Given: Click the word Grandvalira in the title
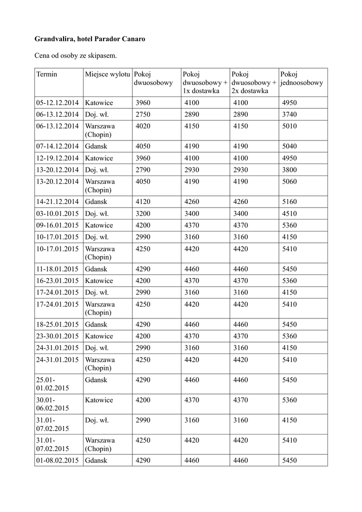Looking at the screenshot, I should click(x=54, y=38).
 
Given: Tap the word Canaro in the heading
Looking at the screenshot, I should click(x=132, y=38).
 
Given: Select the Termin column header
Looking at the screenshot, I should click(x=47, y=74).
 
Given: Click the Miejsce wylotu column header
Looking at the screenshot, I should click(x=107, y=74).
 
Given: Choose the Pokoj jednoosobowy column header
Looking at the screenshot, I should click(x=301, y=78).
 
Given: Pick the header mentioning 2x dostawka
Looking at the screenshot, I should click(x=253, y=82).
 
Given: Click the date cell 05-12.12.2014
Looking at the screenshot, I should click(x=57, y=103).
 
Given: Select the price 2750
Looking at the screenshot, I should click(x=143, y=114).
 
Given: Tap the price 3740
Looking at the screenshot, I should click(x=289, y=114).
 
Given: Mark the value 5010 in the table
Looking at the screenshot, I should click(x=289, y=126).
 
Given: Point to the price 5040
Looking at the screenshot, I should click(x=289, y=146).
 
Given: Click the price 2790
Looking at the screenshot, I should click(x=143, y=169).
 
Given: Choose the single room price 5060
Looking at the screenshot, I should click(x=289, y=181).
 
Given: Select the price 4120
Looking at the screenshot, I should click(x=143, y=201).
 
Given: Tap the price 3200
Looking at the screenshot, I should click(x=143, y=213).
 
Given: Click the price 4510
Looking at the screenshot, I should click(x=289, y=213).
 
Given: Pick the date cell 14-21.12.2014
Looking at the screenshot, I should click(x=57, y=201).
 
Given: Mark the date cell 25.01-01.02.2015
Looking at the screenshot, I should click(x=53, y=384).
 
